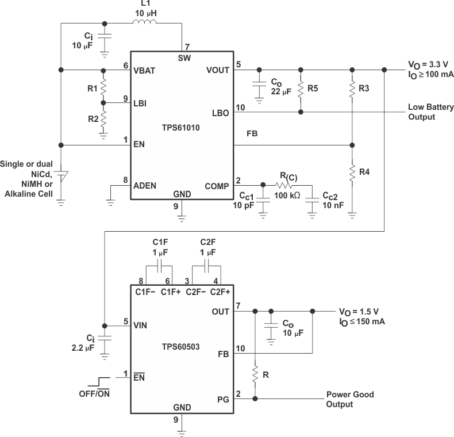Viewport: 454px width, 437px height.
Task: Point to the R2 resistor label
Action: [x=91, y=118]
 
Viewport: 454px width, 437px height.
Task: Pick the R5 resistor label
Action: [x=313, y=89]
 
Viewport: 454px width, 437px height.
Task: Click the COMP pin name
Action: [x=217, y=186]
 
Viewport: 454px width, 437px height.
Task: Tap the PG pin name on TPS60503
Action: [x=222, y=398]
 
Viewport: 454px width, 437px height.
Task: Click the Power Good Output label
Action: [x=349, y=399]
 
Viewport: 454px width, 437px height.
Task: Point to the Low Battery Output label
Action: [x=430, y=112]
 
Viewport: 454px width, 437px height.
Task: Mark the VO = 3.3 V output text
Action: [x=428, y=65]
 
